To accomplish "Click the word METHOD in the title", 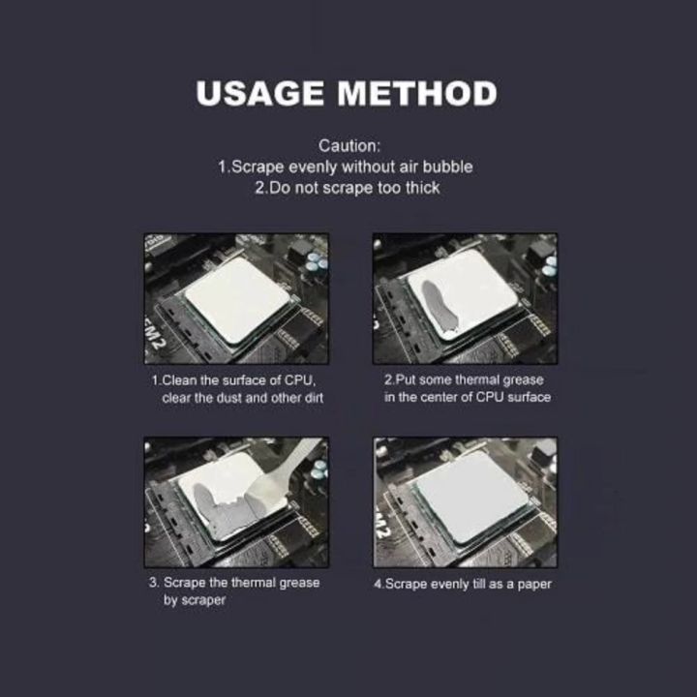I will coord(416,94).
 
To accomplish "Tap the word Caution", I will coord(348,146).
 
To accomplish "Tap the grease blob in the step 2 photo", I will coord(432,299).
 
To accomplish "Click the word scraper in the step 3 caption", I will coord(204,600).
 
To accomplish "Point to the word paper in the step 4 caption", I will coord(533,584).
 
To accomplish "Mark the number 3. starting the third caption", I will coord(154,583).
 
